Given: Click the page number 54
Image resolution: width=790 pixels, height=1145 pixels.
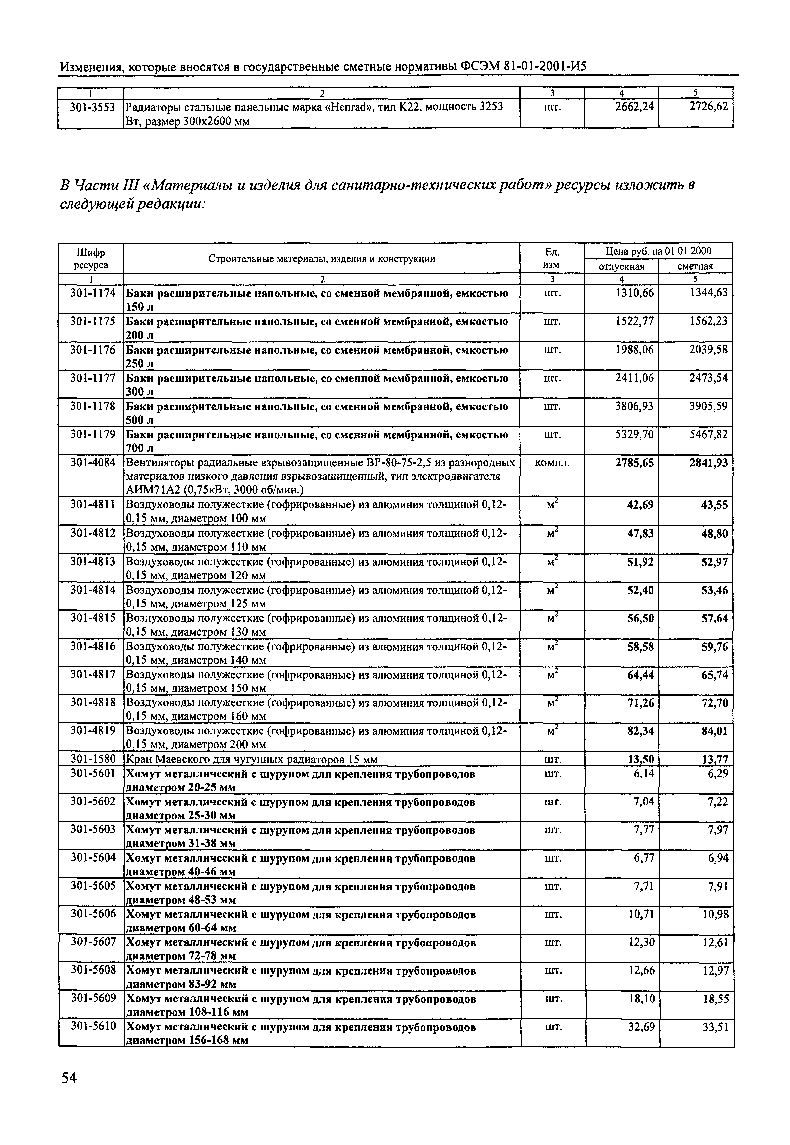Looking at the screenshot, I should (69, 1077).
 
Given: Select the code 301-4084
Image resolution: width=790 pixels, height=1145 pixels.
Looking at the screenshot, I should (93, 463).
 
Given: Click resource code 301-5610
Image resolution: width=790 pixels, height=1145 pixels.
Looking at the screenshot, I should (93, 1027).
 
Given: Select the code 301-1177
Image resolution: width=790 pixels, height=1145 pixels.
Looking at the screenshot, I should (93, 378).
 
